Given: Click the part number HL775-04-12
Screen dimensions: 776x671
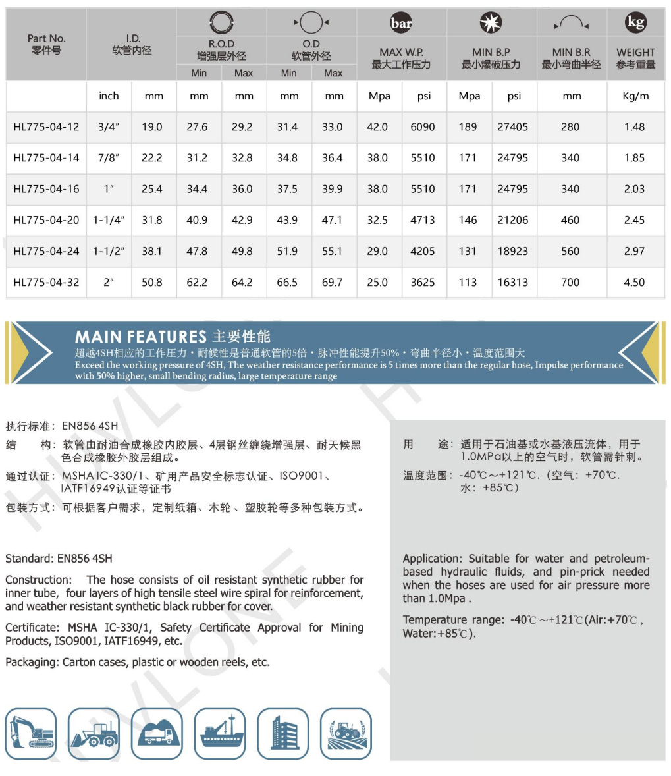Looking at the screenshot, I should click(46, 127).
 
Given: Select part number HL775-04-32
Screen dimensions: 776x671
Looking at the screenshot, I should click(46, 283).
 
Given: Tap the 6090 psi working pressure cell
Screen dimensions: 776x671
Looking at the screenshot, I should click(422, 127).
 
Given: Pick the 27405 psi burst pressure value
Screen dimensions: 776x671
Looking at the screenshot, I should click(512, 127).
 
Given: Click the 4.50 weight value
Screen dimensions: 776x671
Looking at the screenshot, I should click(634, 283).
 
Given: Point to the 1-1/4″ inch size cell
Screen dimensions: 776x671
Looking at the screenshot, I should click(109, 220).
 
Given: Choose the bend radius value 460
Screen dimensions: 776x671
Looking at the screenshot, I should click(570, 220).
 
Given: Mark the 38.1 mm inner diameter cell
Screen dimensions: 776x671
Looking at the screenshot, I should click(152, 251).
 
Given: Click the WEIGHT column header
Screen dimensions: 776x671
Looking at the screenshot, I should click(635, 58).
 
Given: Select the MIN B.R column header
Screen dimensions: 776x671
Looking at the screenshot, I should click(571, 58).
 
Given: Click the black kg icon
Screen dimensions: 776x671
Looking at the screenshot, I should click(635, 23).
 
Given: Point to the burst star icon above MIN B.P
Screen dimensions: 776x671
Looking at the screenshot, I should click(491, 24).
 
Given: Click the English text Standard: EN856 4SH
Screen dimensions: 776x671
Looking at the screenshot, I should click(59, 559).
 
